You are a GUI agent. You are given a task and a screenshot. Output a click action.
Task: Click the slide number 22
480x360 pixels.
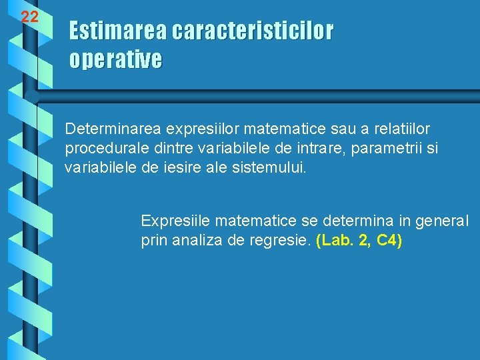29,17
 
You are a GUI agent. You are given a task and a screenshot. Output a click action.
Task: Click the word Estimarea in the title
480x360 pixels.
118,31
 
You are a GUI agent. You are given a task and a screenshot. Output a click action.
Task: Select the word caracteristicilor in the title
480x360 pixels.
252,31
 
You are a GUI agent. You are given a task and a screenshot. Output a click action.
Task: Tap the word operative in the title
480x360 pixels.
115,60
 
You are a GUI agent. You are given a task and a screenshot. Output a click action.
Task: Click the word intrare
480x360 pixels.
305,147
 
